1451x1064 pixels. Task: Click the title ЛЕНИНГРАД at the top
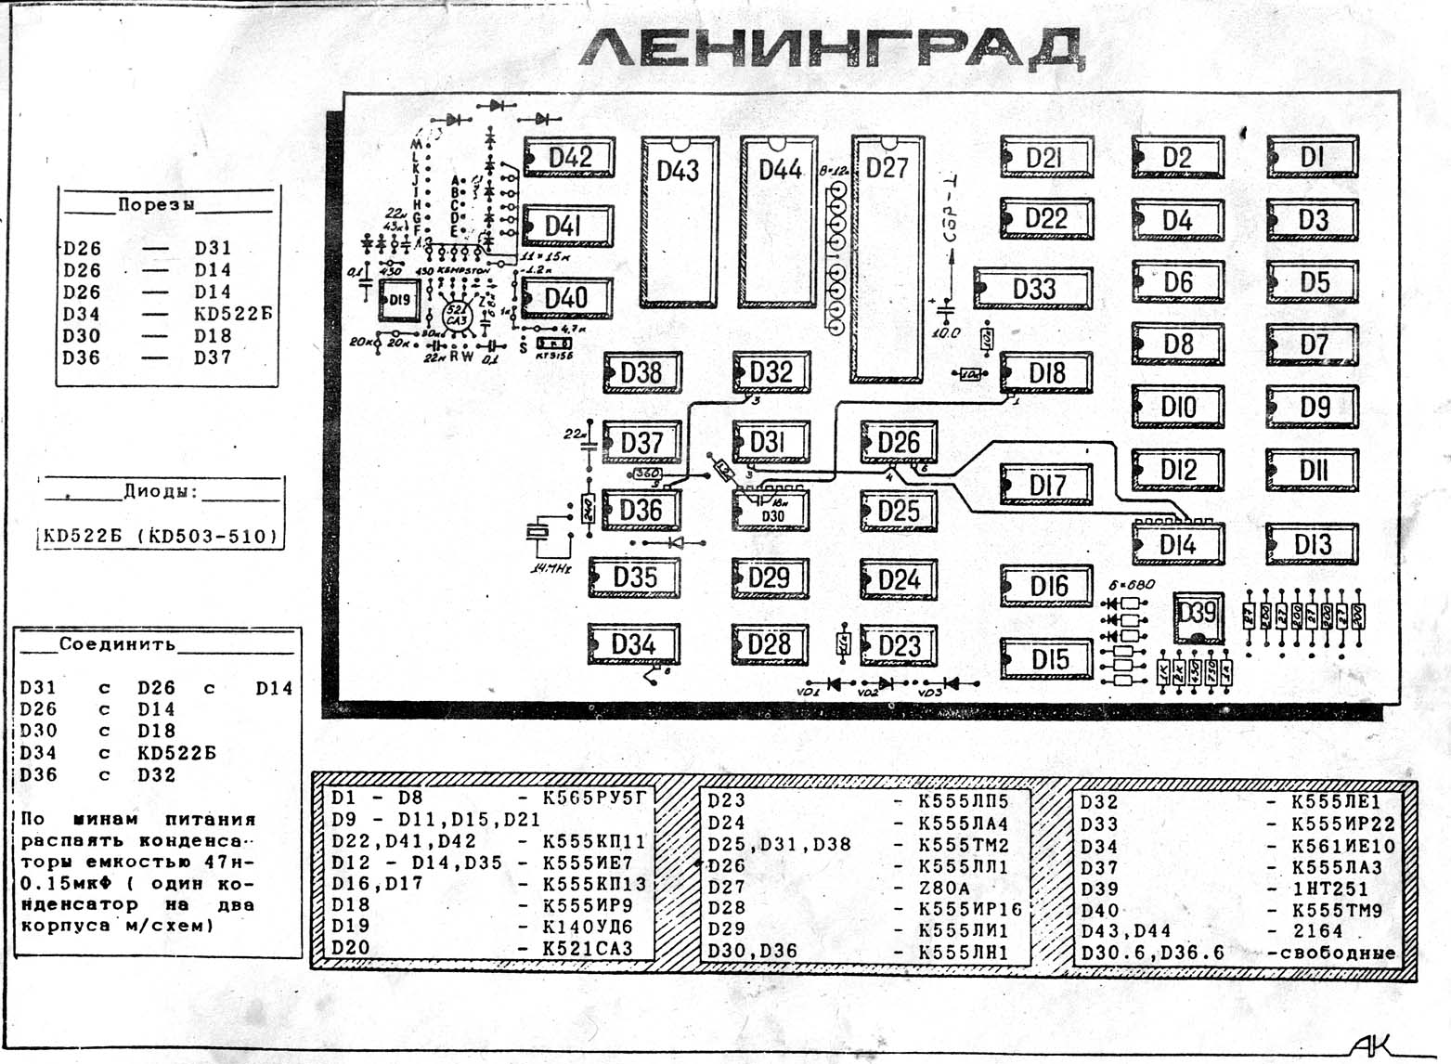(831, 48)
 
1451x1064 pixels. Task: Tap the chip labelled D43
(679, 223)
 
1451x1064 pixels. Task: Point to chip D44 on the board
(780, 223)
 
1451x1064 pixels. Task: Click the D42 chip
(569, 158)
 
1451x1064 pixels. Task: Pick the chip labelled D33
(1033, 289)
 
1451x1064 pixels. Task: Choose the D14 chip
(1177, 544)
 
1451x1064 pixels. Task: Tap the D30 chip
(771, 512)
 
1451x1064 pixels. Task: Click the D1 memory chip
(1312, 157)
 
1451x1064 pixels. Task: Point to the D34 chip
(634, 644)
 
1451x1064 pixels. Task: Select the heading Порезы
(156, 205)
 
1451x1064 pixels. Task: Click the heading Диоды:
(161, 491)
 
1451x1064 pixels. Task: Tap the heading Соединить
(117, 643)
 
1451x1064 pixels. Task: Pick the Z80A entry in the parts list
(944, 888)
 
